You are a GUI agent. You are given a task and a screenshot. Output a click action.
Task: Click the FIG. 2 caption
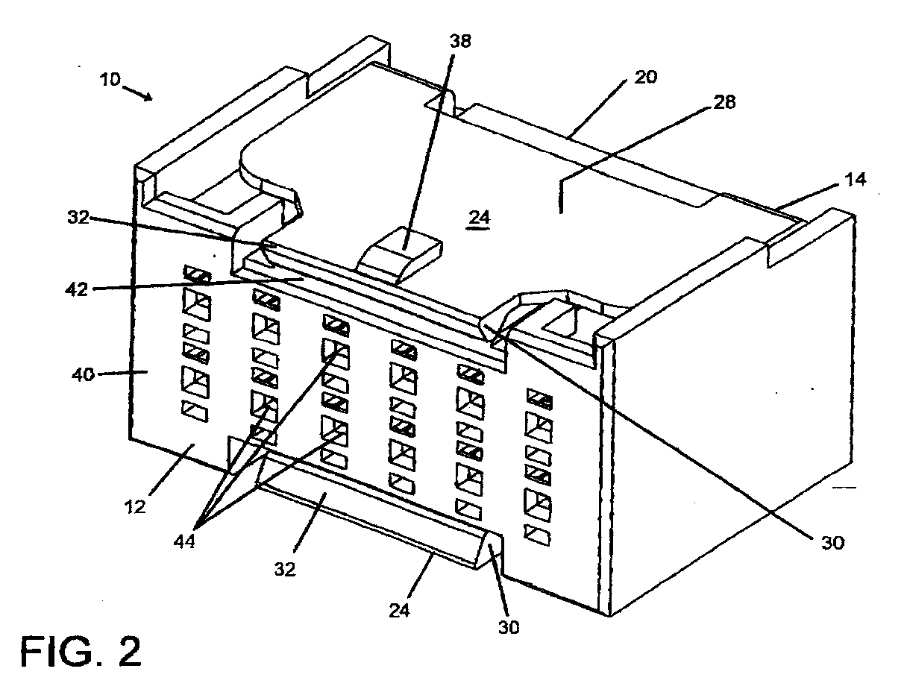81,652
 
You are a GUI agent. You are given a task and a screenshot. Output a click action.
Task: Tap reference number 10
110,79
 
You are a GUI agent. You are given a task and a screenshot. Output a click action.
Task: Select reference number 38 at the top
460,41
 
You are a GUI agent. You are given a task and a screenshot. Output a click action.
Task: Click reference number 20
645,77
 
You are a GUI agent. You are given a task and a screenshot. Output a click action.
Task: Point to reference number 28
724,101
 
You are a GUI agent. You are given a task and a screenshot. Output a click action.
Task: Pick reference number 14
856,180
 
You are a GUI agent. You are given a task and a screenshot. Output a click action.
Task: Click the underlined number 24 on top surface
479,218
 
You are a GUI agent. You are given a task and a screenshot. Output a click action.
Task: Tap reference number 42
77,289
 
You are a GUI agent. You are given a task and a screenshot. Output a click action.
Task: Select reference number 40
83,374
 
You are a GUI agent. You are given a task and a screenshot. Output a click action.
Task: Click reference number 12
134,507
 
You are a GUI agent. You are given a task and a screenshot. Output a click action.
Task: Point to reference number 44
184,541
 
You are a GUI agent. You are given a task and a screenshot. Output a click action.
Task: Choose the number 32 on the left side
78,217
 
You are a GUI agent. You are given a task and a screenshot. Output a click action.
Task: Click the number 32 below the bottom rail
285,568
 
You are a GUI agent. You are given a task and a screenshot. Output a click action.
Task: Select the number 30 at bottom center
509,627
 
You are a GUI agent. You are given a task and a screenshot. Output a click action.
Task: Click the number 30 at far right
832,542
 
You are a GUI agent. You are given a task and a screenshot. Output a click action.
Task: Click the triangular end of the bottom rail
489,549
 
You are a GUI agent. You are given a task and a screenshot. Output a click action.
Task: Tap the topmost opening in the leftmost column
197,274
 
